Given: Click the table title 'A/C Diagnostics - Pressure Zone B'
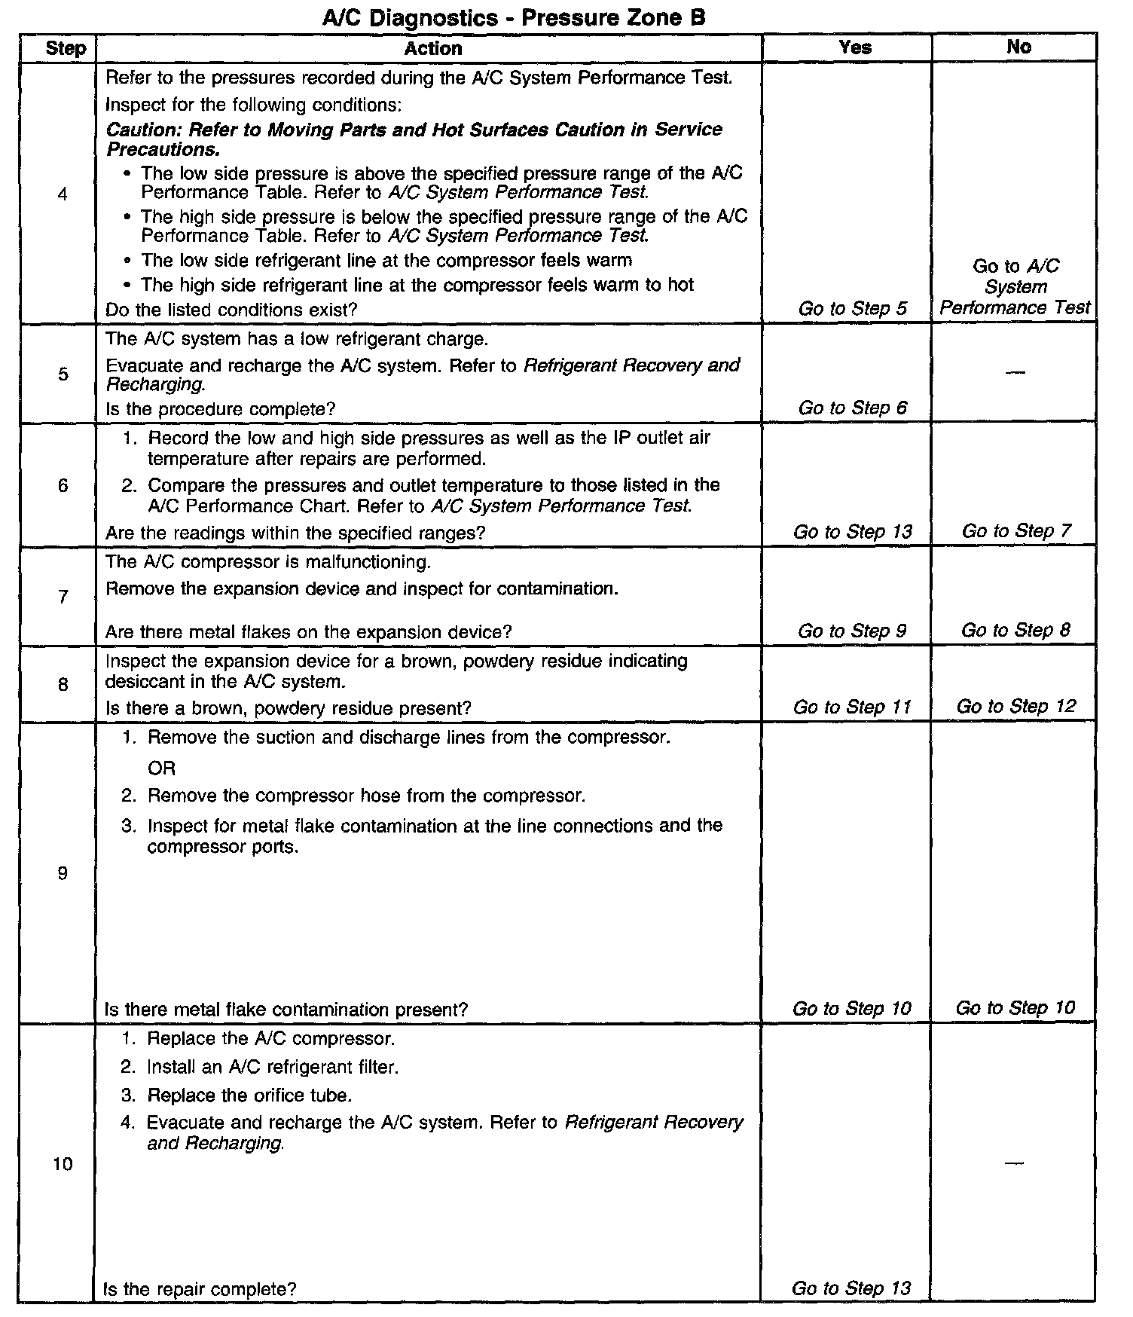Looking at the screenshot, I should pos(513,17).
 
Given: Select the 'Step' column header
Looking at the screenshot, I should pos(66,49).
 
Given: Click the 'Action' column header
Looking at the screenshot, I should pos(432,49).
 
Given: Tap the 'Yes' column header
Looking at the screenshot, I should pos(855,47).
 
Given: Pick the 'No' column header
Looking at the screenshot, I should pos(1018,47).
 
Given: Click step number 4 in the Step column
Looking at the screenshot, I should pos(62,194).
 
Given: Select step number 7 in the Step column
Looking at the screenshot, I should pos(63,597).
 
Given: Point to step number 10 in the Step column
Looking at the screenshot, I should pos(63,1164).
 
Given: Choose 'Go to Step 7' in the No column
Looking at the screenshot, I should pos(1015,531).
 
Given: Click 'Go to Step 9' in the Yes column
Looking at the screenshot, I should pos(852,631).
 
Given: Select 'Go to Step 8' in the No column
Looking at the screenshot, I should pos(1015,631).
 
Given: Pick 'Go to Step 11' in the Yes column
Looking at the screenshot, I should pos(852,707).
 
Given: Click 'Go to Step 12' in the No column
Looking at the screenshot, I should pos(1015,707).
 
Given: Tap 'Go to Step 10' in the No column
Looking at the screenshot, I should pos(1015,1008).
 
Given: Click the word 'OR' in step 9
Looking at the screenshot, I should pos(161,769).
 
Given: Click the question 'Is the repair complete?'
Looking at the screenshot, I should pos(200,1289).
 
